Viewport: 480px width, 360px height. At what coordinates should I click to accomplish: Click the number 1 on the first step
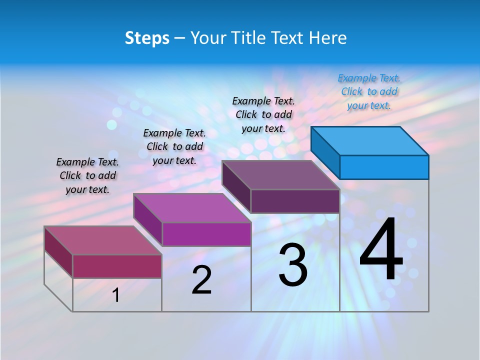tap(116, 295)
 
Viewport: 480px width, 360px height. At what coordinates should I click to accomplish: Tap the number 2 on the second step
tap(201, 280)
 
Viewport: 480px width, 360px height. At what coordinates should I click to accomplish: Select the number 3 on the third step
tap(293, 264)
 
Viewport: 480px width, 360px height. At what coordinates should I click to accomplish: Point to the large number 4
tap(381, 250)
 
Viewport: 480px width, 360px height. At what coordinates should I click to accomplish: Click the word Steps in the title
tap(147, 38)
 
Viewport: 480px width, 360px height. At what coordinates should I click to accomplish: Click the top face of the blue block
tap(370, 141)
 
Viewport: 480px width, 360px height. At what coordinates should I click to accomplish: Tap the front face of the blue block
tap(384, 167)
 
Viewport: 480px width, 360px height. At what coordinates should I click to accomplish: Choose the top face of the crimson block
tap(103, 240)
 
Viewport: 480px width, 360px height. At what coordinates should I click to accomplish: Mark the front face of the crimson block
tap(117, 266)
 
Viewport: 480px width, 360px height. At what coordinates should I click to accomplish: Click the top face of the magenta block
tap(192, 208)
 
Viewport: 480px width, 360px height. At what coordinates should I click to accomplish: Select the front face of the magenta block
tap(206, 234)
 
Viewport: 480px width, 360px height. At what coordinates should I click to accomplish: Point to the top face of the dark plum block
tap(281, 175)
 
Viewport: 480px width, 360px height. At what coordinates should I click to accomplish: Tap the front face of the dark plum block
tap(295, 201)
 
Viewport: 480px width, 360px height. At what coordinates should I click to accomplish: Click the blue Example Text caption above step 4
tap(369, 91)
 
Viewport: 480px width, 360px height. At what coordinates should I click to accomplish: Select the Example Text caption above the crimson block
tap(87, 175)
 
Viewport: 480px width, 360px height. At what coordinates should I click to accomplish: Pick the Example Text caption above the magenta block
tap(174, 146)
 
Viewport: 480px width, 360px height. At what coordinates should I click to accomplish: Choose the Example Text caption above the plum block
tap(263, 114)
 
